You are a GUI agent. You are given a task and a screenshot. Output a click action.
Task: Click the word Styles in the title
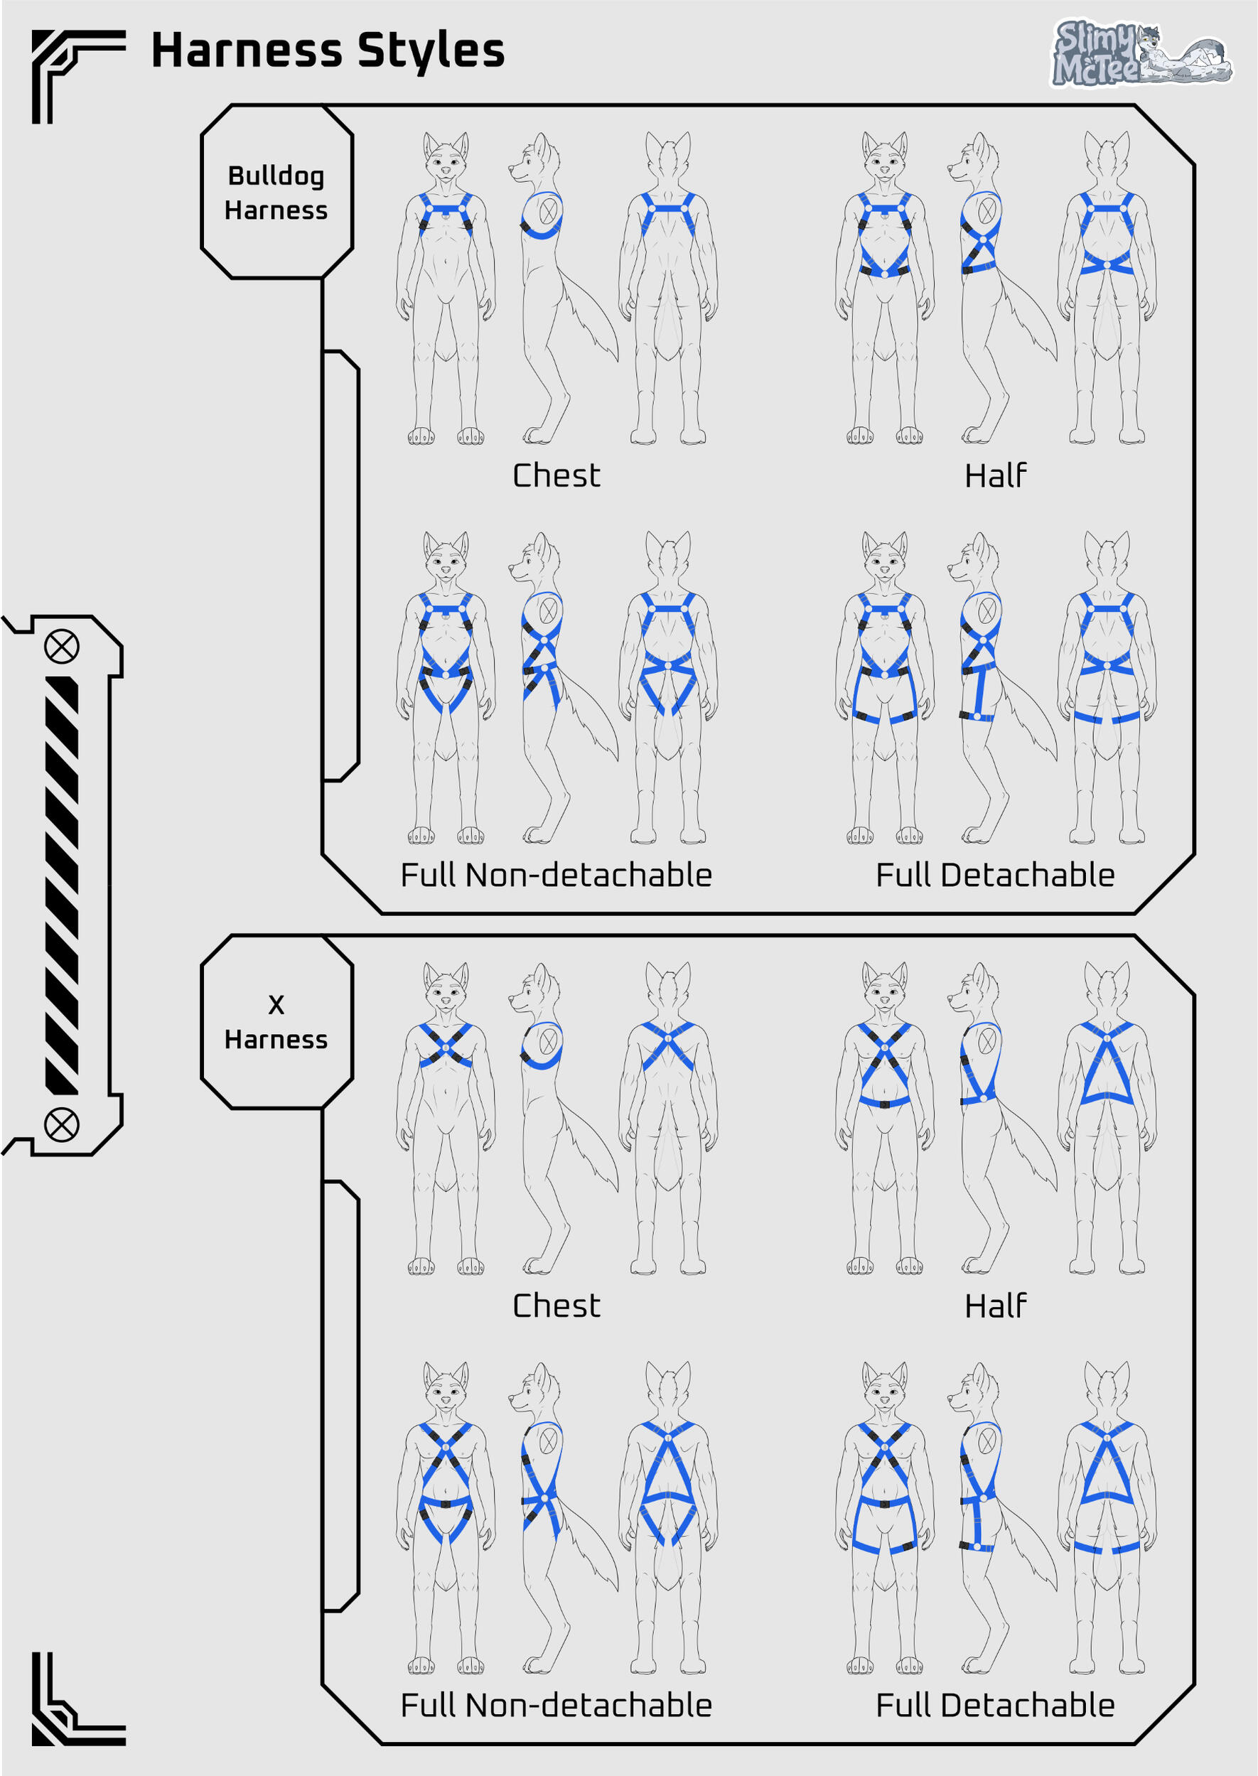click(x=431, y=51)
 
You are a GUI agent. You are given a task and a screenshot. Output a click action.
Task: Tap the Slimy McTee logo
click(x=1140, y=53)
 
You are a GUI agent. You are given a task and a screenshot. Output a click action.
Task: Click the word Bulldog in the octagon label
click(x=276, y=176)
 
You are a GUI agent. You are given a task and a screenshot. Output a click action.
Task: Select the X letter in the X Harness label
click(x=276, y=1005)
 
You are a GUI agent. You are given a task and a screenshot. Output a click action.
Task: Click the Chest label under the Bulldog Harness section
click(x=557, y=475)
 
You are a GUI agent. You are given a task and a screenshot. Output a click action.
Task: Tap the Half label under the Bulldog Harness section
click(x=996, y=475)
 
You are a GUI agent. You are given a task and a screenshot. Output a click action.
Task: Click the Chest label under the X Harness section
click(x=557, y=1306)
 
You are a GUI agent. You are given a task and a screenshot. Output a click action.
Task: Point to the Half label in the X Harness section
click(x=996, y=1306)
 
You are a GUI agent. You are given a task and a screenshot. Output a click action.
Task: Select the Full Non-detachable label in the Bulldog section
click(x=557, y=876)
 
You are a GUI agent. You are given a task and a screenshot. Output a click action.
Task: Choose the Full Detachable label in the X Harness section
click(x=996, y=1706)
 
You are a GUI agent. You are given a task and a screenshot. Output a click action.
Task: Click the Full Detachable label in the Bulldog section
click(x=996, y=876)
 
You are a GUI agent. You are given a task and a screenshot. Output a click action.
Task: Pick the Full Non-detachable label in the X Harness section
click(x=557, y=1706)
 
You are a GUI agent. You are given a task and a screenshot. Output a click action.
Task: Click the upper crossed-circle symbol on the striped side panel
click(x=61, y=647)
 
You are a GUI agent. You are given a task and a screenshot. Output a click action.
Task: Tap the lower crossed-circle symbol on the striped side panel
click(x=61, y=1124)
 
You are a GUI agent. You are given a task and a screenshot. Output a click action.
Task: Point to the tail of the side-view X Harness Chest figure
click(x=593, y=1154)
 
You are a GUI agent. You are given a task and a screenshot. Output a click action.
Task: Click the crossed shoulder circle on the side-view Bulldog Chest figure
click(x=549, y=210)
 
